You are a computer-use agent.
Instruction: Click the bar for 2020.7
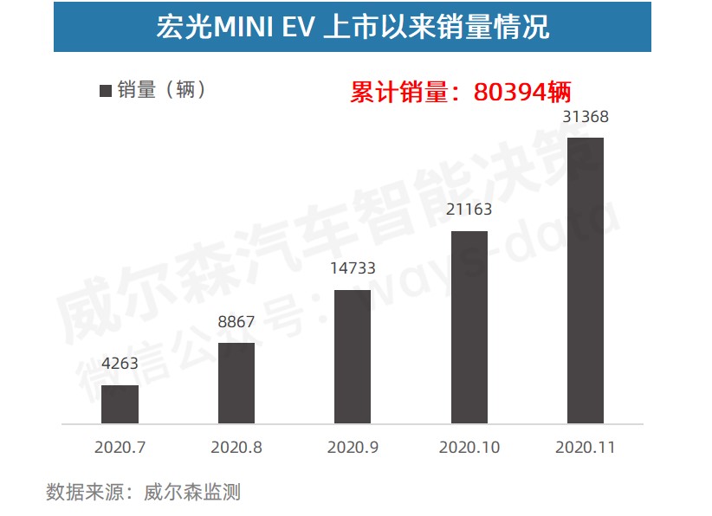pyautogui.click(x=120, y=403)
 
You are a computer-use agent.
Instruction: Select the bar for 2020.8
pyautogui.click(x=236, y=383)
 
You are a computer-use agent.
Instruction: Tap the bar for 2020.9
pyautogui.click(x=352, y=356)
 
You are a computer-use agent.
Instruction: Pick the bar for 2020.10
pyautogui.click(x=469, y=326)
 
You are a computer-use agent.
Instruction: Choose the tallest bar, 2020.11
pyautogui.click(x=585, y=280)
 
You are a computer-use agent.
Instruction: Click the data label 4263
pyautogui.click(x=120, y=364)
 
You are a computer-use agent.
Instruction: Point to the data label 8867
pyautogui.click(x=236, y=323)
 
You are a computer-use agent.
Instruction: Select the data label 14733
pyautogui.click(x=352, y=268)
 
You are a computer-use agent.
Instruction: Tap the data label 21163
pyautogui.click(x=469, y=210)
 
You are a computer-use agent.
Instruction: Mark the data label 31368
pyautogui.click(x=585, y=118)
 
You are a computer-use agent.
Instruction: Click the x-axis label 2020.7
pyautogui.click(x=120, y=448)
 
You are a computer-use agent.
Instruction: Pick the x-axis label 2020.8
pyautogui.click(x=236, y=448)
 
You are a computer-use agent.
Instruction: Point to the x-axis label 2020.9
pyautogui.click(x=352, y=448)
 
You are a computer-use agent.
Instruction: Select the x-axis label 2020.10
pyautogui.click(x=469, y=448)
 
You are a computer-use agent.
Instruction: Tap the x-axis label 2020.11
pyautogui.click(x=585, y=448)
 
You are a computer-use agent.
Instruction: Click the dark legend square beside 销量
pyautogui.click(x=106, y=90)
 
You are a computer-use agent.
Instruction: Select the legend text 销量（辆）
pyautogui.click(x=164, y=89)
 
